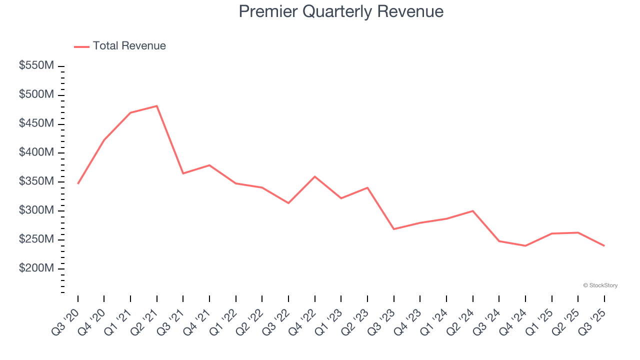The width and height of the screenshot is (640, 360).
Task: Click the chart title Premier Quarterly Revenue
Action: coord(341,11)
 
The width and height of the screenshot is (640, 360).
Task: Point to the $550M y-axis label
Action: coord(36,65)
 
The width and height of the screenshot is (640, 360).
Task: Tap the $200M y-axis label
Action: coord(36,268)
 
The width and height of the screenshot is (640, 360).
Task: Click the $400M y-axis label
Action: coord(36,152)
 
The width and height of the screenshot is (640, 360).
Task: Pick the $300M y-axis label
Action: coord(36,210)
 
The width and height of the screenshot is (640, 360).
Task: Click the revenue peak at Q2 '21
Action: coord(157,106)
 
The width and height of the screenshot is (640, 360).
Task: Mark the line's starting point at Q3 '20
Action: coord(78,183)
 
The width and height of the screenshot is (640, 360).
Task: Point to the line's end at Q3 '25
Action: coord(604,245)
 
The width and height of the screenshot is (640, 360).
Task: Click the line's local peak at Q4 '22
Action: coord(315,176)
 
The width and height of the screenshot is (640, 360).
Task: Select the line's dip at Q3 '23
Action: coord(394,229)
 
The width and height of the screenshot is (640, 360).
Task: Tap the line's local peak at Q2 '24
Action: coord(472,211)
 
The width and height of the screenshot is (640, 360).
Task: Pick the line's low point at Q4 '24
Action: coord(525,245)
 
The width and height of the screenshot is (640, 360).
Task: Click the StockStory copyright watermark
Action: coord(600,285)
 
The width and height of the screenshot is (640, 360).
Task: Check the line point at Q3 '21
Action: coord(183,173)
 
